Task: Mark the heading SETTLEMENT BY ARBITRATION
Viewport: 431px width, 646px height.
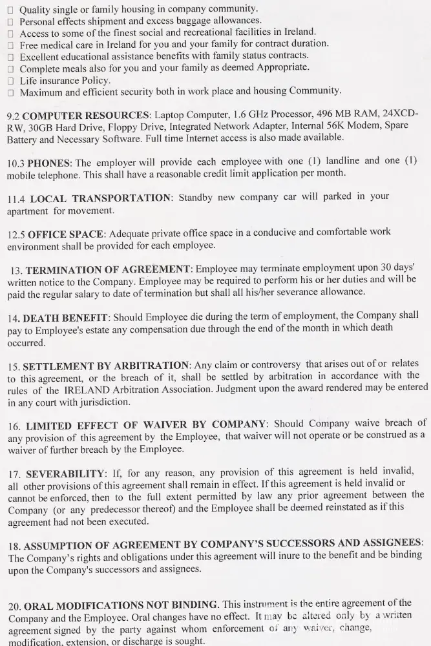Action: (107, 366)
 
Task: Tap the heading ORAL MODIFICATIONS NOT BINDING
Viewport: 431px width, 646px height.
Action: (120, 606)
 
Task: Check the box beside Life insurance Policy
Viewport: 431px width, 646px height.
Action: (10, 81)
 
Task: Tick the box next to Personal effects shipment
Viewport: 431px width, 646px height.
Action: (10, 21)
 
